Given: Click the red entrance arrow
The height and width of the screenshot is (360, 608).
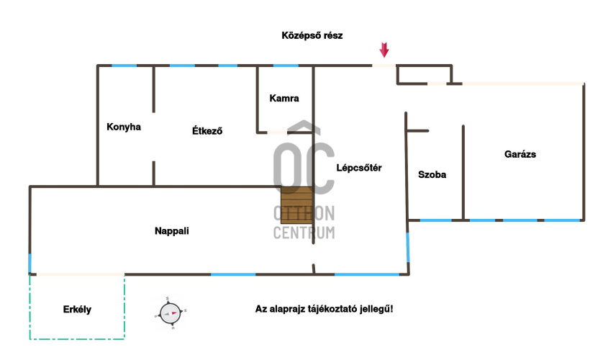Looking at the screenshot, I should tap(384, 50).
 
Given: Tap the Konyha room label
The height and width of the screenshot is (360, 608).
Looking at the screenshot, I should tap(123, 127).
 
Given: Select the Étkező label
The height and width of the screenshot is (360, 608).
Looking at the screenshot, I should tap(207, 131).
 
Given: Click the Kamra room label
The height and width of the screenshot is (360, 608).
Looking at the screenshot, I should tap(283, 99).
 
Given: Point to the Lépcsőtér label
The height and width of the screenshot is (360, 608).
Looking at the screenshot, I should tap(358, 168).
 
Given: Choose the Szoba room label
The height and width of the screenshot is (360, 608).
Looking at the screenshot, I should tap(432, 175).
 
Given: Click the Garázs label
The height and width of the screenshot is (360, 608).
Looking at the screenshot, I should tap(520, 154).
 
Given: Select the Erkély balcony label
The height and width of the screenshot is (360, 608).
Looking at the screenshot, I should tap(78, 310).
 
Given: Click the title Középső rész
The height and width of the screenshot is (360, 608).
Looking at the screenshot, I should tap(312, 35).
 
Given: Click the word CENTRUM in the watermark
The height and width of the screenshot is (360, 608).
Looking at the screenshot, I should tap(304, 232).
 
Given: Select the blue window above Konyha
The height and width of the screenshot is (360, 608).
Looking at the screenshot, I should tap(124, 66).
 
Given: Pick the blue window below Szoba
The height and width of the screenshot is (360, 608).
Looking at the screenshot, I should tap(436, 220).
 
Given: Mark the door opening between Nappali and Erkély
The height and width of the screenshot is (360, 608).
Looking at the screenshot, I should tap(79, 274).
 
